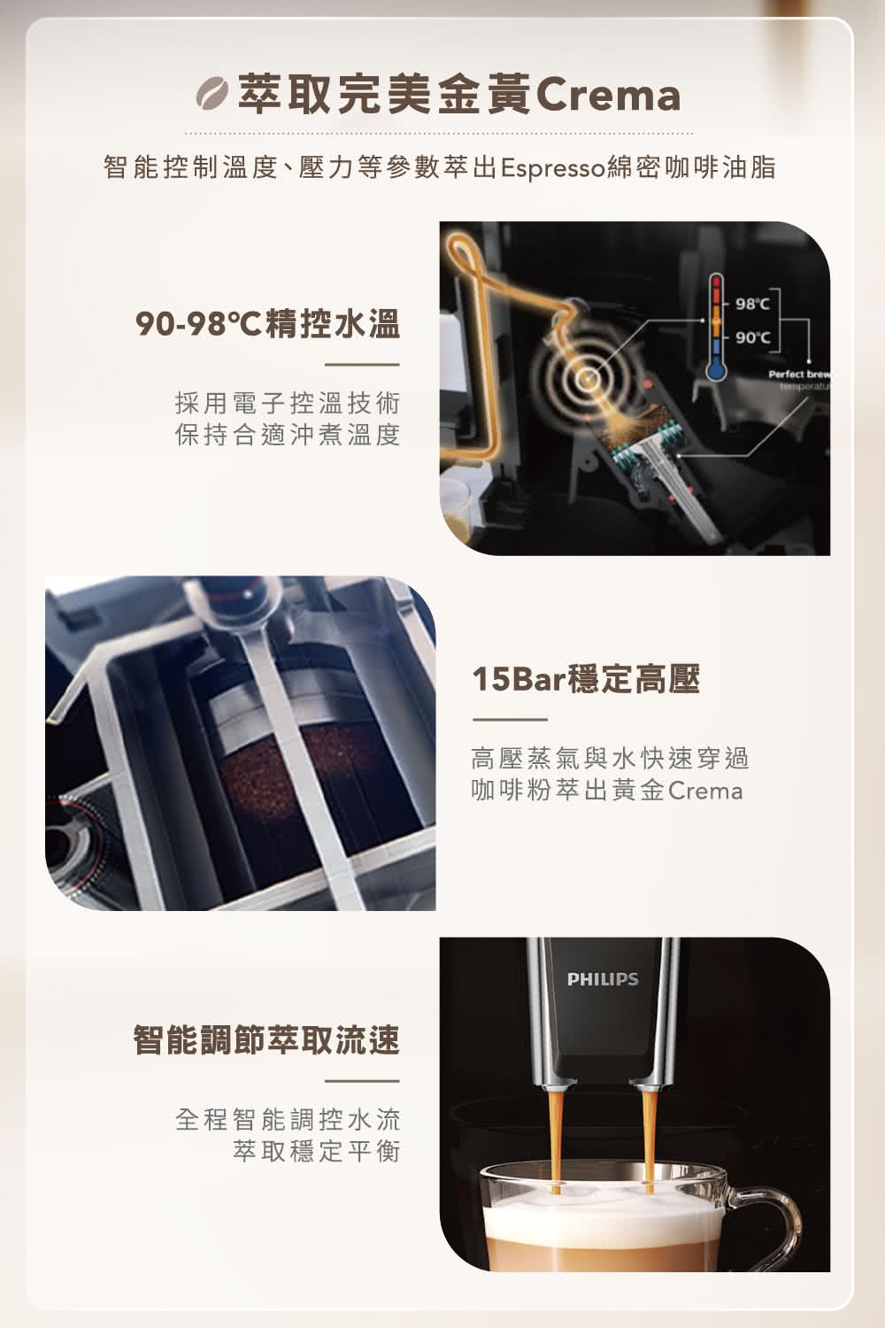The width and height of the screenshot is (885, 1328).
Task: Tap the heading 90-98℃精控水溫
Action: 267,325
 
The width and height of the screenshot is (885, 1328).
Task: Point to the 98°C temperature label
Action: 751,305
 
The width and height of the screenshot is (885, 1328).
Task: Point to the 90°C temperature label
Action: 751,338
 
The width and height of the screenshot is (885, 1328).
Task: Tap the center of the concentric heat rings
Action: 585,380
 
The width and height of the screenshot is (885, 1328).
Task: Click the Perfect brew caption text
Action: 798,375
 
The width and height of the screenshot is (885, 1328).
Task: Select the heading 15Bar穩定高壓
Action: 586,680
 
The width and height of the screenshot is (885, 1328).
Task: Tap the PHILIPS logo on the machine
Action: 603,979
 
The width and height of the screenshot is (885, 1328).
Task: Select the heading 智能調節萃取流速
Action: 266,1039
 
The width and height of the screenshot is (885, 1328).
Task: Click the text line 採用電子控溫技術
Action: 288,404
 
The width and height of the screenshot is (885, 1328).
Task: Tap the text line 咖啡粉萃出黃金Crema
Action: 606,790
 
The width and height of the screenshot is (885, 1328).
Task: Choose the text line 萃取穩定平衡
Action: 316,1151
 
